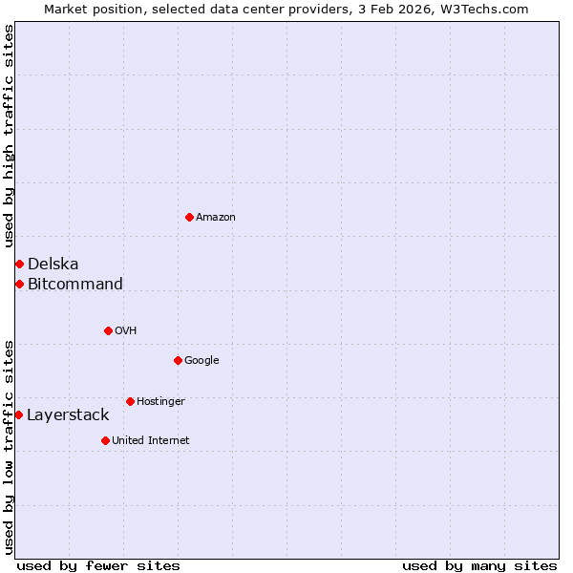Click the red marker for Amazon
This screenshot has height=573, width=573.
coord(189,217)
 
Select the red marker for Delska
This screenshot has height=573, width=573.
coord(19,264)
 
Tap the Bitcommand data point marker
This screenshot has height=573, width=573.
coord(19,284)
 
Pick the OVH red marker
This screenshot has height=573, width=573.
coord(108,330)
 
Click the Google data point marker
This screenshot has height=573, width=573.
coord(178,360)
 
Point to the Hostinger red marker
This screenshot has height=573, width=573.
coord(130,401)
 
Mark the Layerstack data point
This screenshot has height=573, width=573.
coord(18,414)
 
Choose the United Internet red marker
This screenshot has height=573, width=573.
coord(105,440)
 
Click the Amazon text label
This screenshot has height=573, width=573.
coord(216,218)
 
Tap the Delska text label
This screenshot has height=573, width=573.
coord(53,265)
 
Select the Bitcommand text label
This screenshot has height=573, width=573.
coord(75,285)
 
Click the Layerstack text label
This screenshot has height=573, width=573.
coord(68,415)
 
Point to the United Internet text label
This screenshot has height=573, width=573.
coord(151,441)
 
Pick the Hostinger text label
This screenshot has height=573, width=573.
coord(160,402)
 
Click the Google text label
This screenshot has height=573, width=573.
coord(202,361)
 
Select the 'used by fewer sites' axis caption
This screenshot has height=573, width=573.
coord(98,565)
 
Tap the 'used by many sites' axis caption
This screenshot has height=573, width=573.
coord(479,565)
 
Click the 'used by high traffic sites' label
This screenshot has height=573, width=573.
coord(9,136)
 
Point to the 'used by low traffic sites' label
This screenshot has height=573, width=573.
coord(9,446)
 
